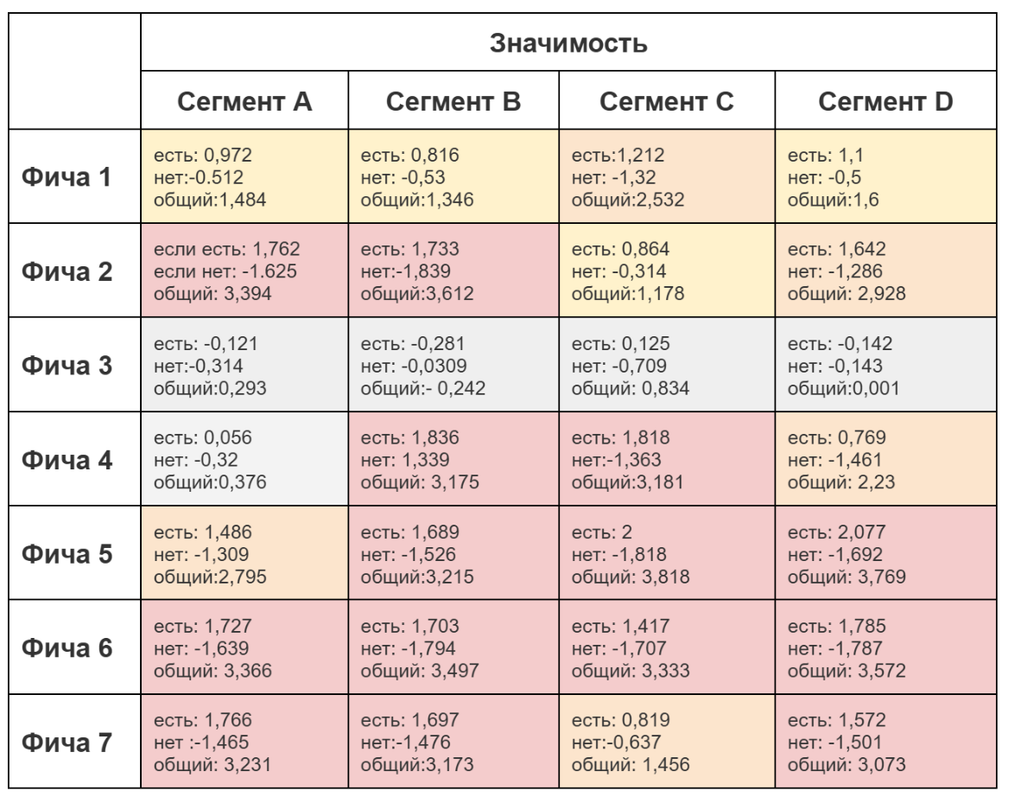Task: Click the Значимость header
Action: point(568,42)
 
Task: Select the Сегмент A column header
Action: point(244,103)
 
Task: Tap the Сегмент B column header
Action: point(453,103)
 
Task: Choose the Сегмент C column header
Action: point(666,103)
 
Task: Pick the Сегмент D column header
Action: point(885,103)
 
